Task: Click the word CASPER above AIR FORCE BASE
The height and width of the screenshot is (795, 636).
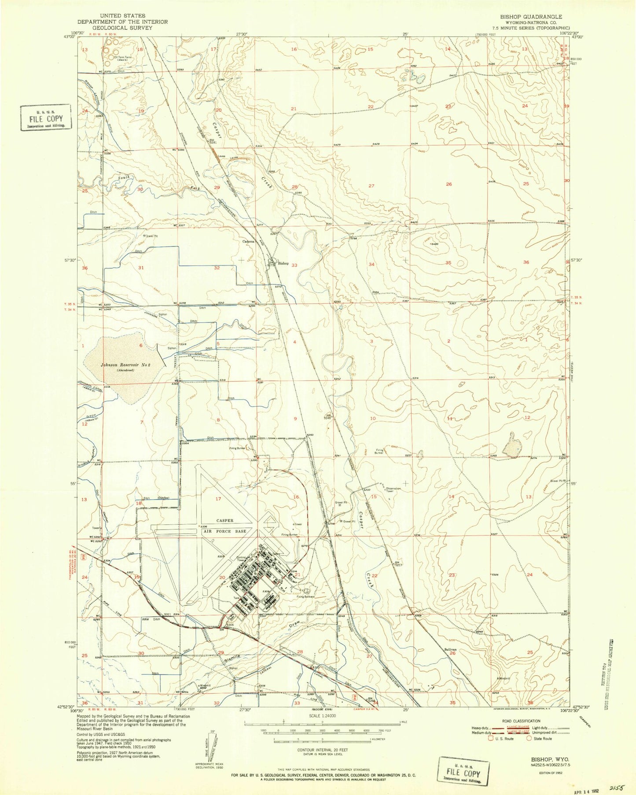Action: [224, 520]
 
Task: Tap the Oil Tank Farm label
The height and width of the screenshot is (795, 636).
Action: [125, 57]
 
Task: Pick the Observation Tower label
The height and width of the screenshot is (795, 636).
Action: [393, 490]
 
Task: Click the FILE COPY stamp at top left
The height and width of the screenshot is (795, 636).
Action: [46, 118]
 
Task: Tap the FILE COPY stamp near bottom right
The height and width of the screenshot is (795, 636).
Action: [464, 773]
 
